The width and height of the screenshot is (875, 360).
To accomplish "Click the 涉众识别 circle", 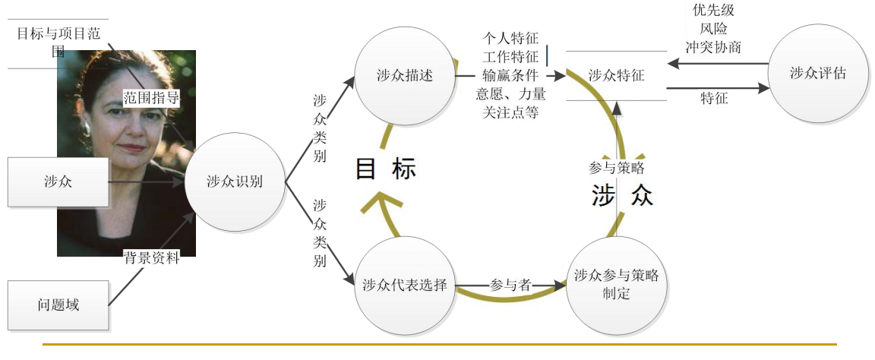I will tap(235, 182).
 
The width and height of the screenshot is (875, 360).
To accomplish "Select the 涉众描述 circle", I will tap(404, 76).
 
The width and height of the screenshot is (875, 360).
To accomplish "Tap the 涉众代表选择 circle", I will tap(404, 286).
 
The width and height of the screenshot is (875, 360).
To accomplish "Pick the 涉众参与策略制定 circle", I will tap(616, 286).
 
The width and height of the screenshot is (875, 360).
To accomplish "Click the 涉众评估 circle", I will tap(817, 74).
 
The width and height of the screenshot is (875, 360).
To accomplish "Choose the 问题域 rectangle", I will tap(58, 305).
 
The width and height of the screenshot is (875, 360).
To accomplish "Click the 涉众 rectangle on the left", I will tap(58, 182).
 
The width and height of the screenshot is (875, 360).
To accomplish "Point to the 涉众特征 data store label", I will tap(616, 75).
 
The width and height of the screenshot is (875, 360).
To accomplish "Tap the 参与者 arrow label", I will tap(510, 285).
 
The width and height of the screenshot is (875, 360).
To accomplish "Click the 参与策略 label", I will tap(616, 168).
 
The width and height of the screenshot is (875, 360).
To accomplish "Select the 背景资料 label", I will tap(152, 258).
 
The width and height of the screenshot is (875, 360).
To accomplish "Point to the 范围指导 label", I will tap(151, 96).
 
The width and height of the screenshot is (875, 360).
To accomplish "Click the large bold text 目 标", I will tap(386, 169).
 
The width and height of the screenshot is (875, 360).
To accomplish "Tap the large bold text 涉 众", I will tap(622, 195).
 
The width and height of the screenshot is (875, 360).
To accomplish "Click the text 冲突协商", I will tap(713, 47).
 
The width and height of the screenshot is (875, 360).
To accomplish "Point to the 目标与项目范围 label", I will tap(59, 43).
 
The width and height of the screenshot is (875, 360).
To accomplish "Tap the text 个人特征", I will tap(510, 38).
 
